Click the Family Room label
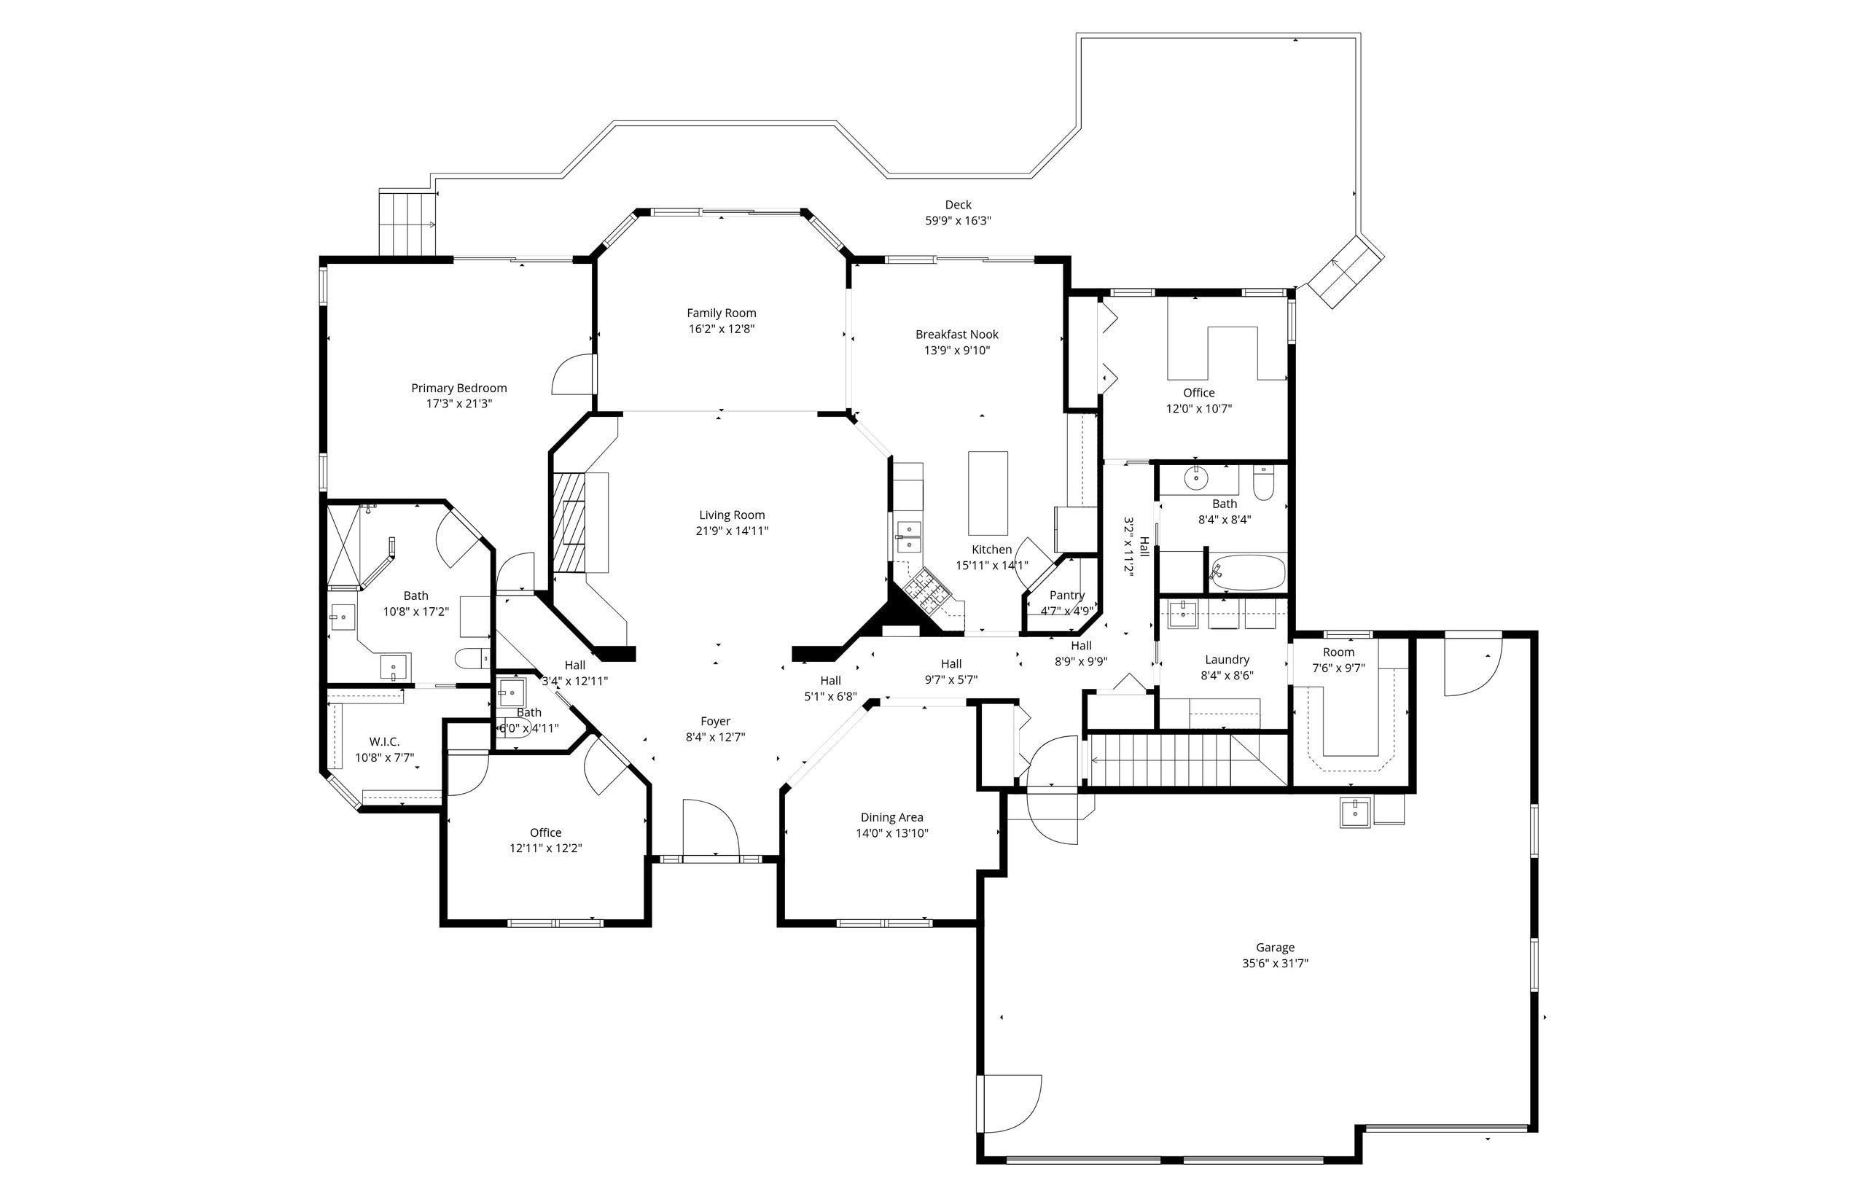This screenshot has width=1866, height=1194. point(721,313)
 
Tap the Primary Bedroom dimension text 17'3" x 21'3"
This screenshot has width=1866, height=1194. point(459,404)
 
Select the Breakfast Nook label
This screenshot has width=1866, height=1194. point(956,335)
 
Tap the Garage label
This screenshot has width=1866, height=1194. point(1276,948)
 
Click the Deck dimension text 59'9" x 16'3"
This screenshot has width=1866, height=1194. point(959,221)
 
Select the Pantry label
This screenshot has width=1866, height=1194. point(1066,596)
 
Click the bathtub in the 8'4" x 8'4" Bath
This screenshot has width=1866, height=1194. point(1246,573)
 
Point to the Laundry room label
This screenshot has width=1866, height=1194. point(1227,660)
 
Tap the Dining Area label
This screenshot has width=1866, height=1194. point(891,817)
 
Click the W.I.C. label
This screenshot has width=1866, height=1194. point(385,742)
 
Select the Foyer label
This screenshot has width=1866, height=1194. point(716,721)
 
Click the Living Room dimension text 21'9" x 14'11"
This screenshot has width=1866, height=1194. point(732,531)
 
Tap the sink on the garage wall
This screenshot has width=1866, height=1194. point(1355,812)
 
